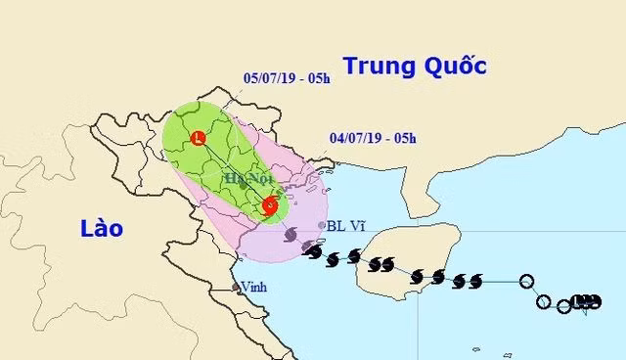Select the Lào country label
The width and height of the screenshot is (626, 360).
[x=102, y=228]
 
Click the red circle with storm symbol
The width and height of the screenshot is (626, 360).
[x=269, y=205]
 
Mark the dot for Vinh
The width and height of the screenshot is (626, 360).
[x=236, y=288]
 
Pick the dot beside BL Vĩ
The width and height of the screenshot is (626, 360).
[x=323, y=225]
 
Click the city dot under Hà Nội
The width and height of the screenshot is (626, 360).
[x=243, y=184]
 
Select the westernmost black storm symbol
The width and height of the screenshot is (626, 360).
[x=313, y=252]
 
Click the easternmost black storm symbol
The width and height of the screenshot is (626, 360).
[x=476, y=281]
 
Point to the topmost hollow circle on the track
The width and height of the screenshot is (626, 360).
[x=528, y=282]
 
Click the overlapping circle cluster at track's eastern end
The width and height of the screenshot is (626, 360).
[x=584, y=301]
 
